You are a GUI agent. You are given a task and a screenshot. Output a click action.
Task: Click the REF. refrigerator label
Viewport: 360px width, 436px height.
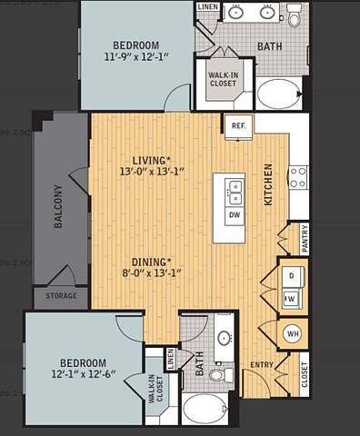click(x=239, y=126)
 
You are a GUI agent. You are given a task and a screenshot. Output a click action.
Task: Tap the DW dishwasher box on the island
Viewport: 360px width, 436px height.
click(x=235, y=215)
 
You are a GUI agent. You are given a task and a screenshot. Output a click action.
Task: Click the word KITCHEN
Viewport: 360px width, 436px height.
click(x=268, y=184)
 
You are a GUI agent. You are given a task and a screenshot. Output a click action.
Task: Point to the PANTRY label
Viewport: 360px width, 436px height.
click(x=305, y=238)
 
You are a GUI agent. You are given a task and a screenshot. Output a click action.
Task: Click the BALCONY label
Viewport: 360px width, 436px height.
click(x=57, y=206)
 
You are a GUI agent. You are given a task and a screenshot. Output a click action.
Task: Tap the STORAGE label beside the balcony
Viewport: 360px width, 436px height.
click(x=62, y=296)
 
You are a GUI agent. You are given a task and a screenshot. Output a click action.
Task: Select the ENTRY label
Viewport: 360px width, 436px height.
click(x=262, y=365)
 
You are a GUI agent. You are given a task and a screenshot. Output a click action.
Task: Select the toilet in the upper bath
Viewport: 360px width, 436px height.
click(x=295, y=15)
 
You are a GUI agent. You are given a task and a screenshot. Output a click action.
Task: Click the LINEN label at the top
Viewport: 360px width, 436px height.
click(x=207, y=7)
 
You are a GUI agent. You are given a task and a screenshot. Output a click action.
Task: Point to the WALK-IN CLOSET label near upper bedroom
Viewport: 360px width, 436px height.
click(x=223, y=79)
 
